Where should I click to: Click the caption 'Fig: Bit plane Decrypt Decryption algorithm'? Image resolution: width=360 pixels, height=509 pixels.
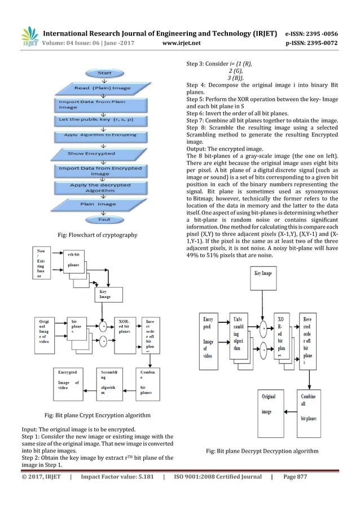coord(262,451)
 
